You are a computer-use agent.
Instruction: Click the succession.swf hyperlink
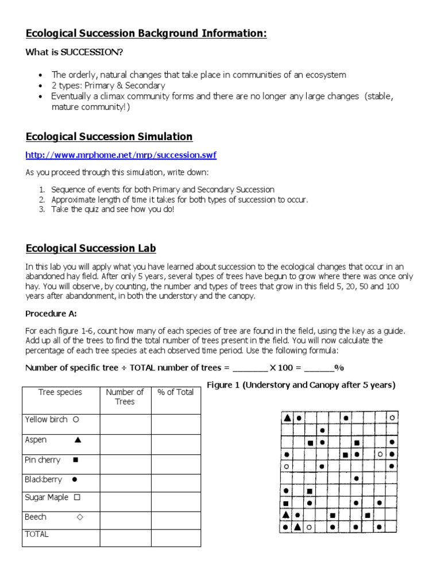pos(121,155)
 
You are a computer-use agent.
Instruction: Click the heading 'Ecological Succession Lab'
pos(91,248)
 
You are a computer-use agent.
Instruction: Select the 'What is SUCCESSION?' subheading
pos(74,52)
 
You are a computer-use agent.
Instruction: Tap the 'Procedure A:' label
pos(51,314)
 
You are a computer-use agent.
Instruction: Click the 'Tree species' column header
pos(60,392)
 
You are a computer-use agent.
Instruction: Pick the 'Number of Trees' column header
pos(125,397)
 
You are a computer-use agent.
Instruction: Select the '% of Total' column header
pos(175,392)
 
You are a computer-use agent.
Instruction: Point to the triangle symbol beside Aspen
pos(78,440)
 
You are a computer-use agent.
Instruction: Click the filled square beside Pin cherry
pos(75,460)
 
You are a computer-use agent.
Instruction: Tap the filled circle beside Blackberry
pos(75,479)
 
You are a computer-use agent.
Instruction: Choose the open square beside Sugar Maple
pos(77,498)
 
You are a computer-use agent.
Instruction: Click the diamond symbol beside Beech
pos(80,517)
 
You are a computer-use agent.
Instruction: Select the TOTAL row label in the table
pos(37,534)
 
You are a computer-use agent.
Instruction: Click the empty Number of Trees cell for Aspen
pos(125,444)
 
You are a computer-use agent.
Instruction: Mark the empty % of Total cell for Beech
pos(176,520)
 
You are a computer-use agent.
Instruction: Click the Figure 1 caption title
pos(301,385)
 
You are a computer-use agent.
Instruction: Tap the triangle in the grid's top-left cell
pos(287,418)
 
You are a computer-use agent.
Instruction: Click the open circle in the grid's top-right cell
pos(392,418)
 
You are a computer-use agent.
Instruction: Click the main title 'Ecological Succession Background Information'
pos(146,34)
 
